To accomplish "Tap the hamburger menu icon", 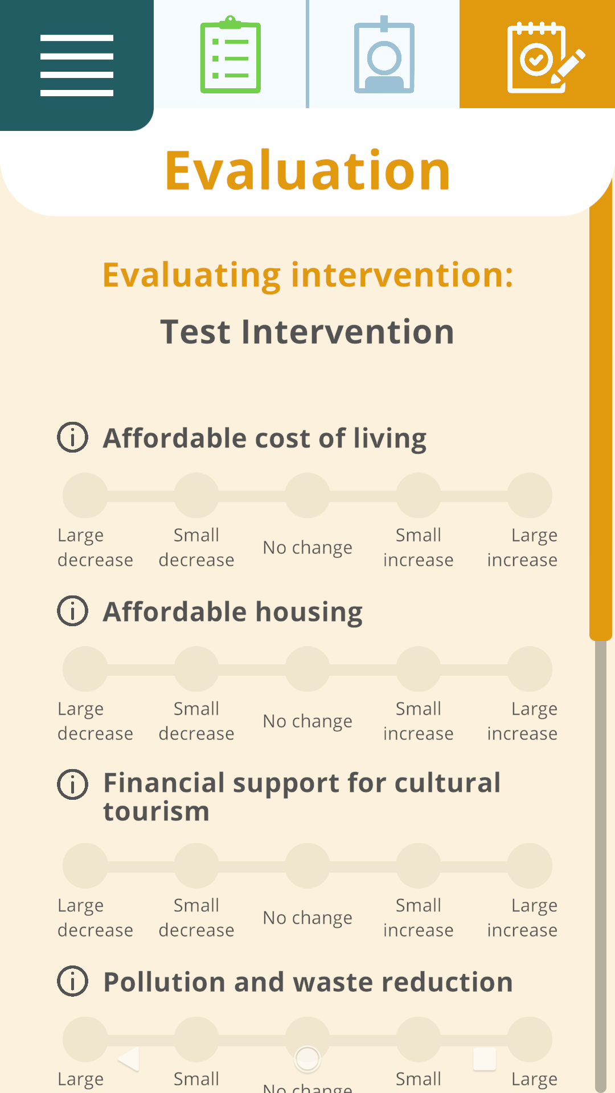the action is [x=77, y=65].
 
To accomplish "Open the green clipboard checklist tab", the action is [x=231, y=55].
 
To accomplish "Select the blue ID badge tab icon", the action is [x=384, y=55].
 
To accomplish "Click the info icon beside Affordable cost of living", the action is [x=73, y=437].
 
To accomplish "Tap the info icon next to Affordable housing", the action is [x=73, y=611].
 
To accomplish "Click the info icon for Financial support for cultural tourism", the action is [x=73, y=784].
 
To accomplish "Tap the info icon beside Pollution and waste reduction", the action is [x=73, y=981].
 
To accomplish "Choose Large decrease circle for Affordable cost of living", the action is [x=85, y=495].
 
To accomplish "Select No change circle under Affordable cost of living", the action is [x=307, y=495].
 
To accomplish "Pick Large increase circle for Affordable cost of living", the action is [x=530, y=495].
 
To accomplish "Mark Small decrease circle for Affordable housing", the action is [x=196, y=669].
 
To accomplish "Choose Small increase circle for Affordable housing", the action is [x=419, y=669].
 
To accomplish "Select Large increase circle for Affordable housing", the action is [x=530, y=669].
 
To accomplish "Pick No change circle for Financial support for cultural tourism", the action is [x=307, y=866].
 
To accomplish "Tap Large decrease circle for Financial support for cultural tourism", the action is [x=85, y=866].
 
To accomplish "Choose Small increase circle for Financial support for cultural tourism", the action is [x=419, y=866].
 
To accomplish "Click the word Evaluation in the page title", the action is [x=307, y=170].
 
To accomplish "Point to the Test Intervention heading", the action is [x=307, y=331].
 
